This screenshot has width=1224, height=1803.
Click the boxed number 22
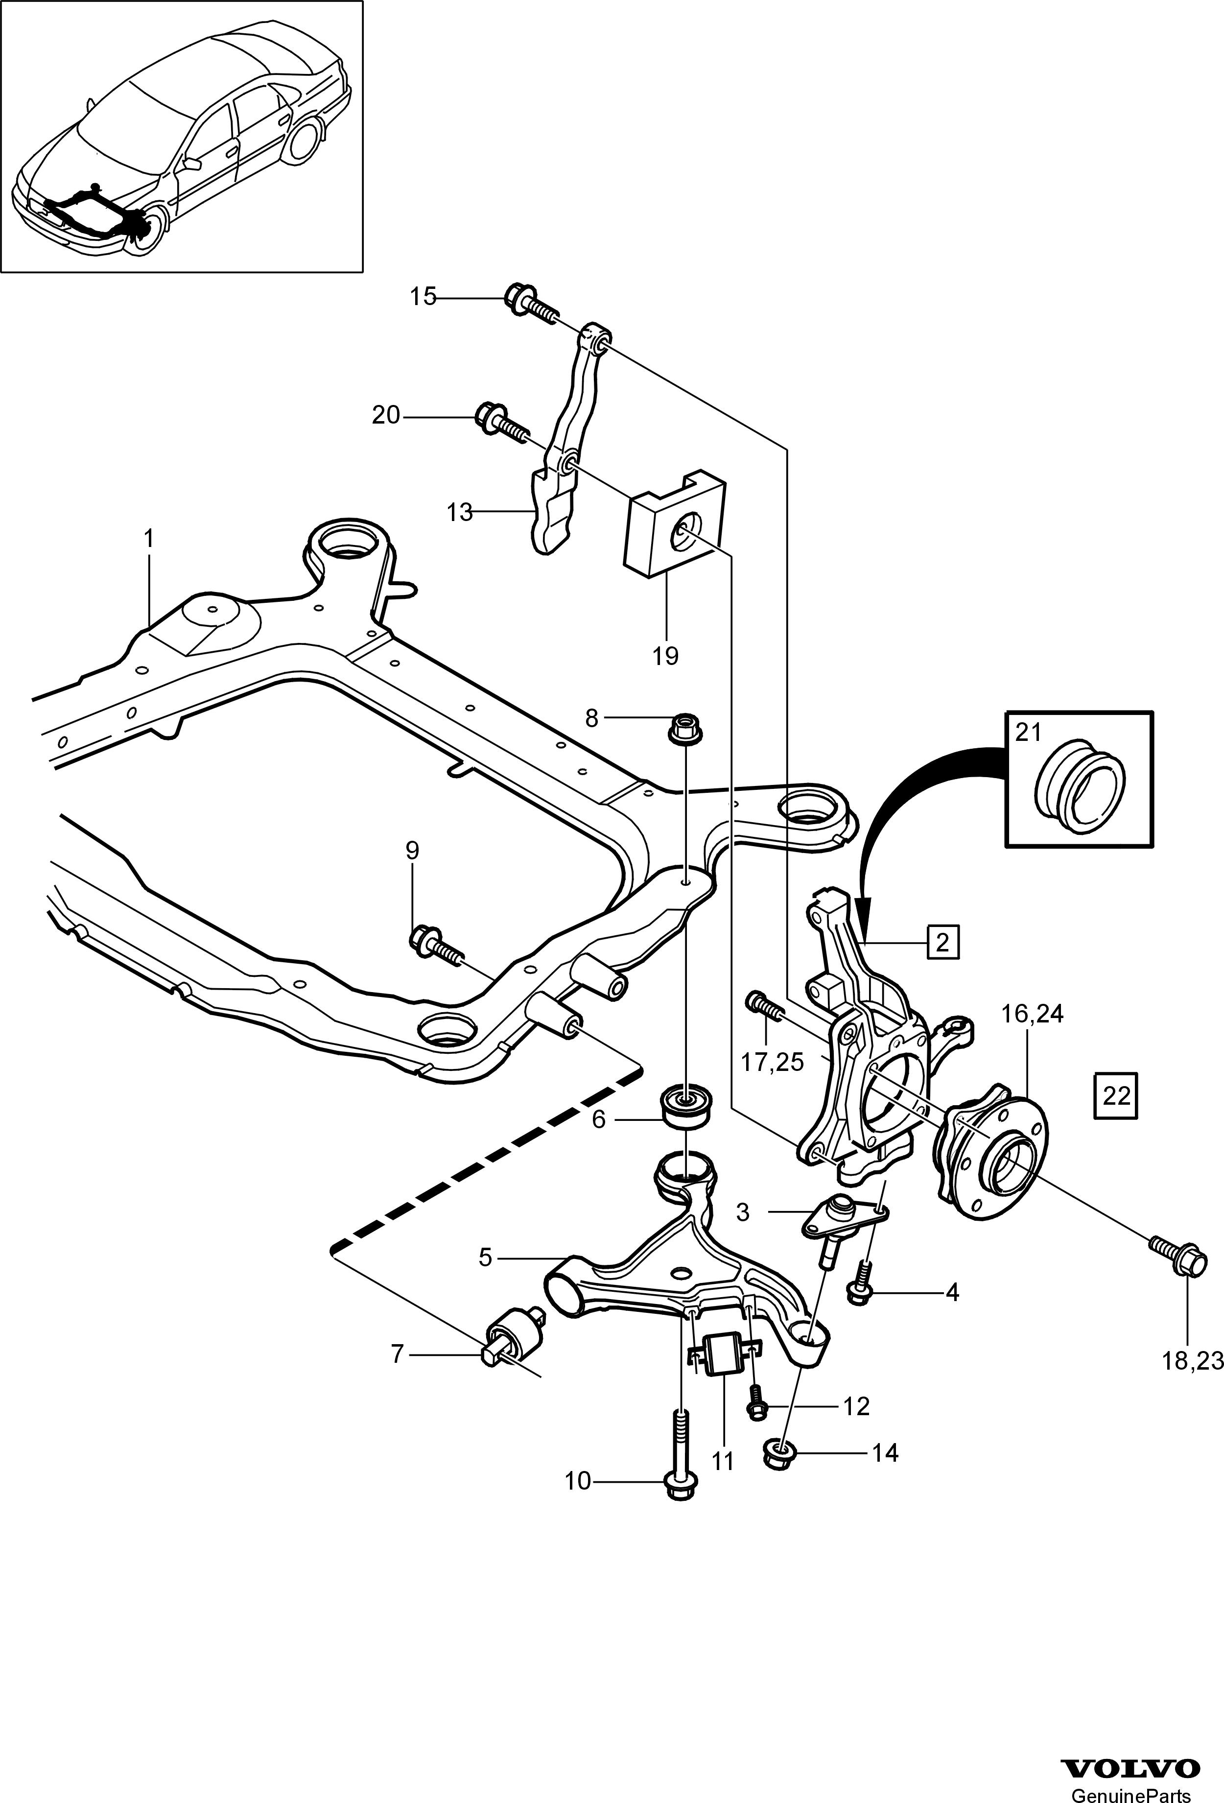pyautogui.click(x=1115, y=1095)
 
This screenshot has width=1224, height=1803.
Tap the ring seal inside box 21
pyautogui.click(x=1080, y=794)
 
